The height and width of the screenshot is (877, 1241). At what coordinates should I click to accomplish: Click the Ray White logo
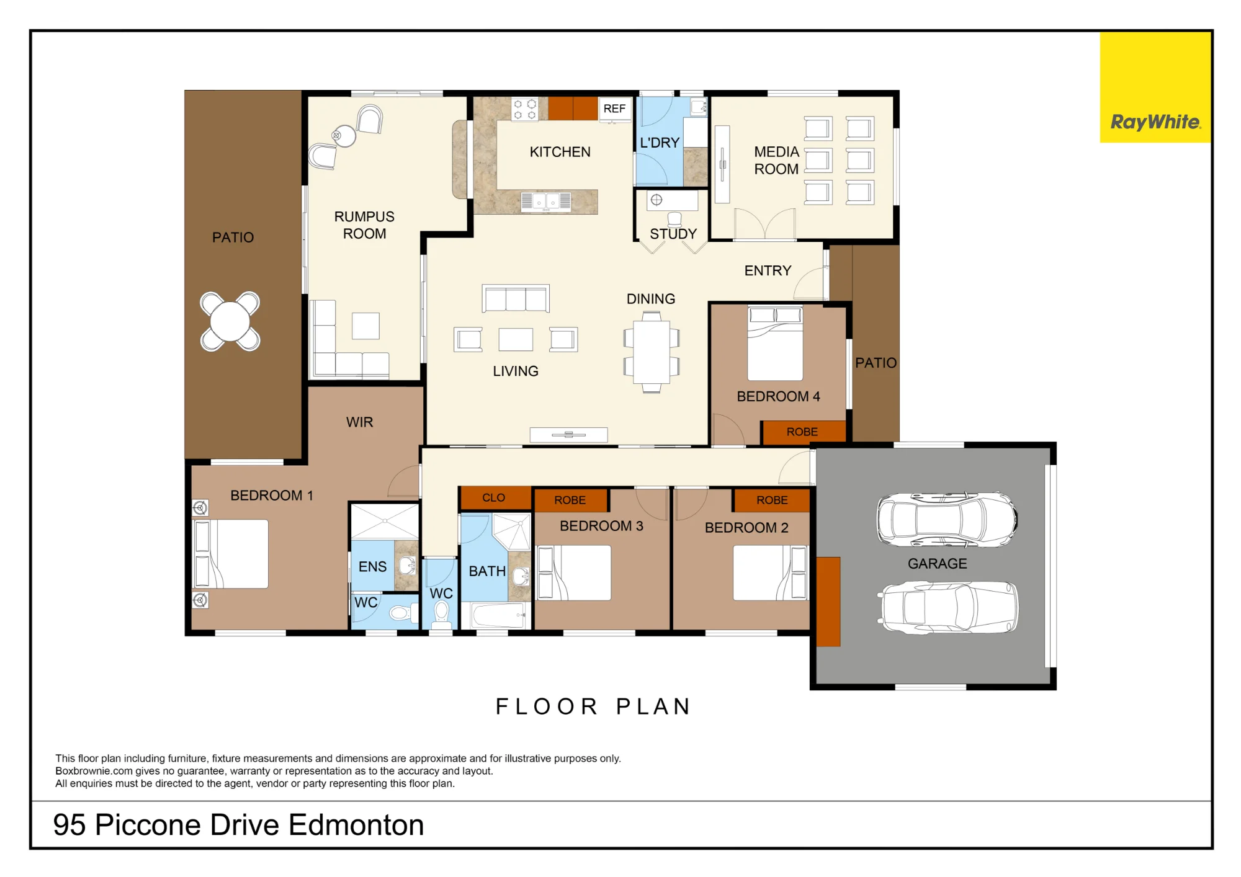click(x=1155, y=87)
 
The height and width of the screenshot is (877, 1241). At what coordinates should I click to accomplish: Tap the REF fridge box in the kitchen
click(x=614, y=109)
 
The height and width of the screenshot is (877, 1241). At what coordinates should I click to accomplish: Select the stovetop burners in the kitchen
click(x=524, y=109)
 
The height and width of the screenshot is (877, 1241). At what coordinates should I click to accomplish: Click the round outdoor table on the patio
click(x=230, y=321)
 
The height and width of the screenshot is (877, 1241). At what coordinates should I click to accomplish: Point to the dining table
click(x=652, y=352)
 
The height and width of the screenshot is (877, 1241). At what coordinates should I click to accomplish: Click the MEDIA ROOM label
click(x=776, y=160)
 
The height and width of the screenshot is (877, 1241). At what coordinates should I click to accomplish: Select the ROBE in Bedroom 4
click(x=804, y=432)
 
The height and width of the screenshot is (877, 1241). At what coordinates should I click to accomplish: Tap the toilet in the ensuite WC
click(x=401, y=613)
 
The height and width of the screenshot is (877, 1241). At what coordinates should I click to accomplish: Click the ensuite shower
click(x=385, y=521)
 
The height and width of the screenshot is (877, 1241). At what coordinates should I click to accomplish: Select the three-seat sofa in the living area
click(x=516, y=298)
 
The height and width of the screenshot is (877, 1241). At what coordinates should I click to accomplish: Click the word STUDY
click(x=673, y=234)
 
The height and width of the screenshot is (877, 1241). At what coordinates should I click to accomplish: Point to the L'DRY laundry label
click(x=660, y=143)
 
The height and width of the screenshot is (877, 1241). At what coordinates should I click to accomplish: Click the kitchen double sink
click(x=546, y=202)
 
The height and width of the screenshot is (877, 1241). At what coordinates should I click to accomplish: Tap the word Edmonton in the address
click(x=356, y=825)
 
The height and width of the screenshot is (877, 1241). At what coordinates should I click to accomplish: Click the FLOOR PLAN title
click(x=593, y=706)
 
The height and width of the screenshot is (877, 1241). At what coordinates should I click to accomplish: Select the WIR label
click(x=360, y=422)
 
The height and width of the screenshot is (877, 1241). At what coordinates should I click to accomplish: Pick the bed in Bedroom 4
click(x=775, y=343)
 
